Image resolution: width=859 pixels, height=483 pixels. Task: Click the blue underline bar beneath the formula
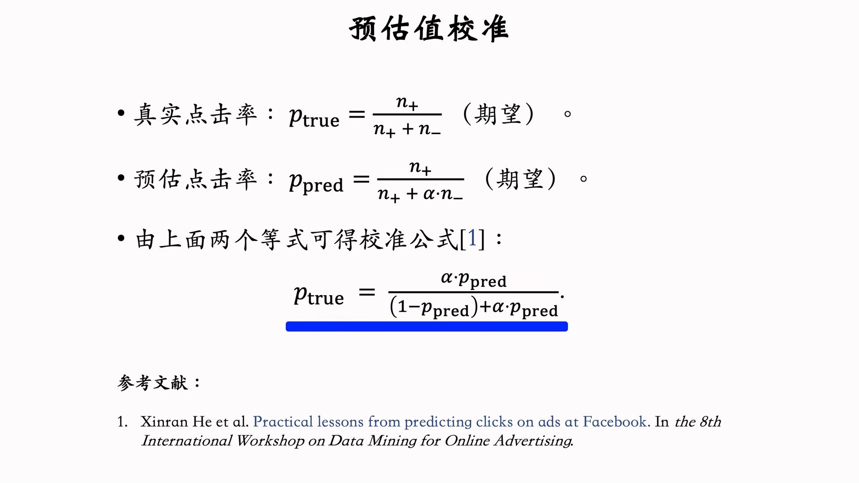426,326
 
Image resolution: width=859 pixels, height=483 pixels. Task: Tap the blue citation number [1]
472,238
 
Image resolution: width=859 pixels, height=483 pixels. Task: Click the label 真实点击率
196,114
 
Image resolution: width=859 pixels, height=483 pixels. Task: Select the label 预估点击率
196,179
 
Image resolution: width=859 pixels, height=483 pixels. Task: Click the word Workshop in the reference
270,441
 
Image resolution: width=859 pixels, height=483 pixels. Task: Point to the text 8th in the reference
710,422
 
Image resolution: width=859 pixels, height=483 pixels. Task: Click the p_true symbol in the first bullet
314,117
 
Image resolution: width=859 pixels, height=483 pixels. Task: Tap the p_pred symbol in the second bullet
316,182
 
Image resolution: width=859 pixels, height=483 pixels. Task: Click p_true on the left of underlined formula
319,295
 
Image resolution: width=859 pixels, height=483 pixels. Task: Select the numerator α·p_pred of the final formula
473,279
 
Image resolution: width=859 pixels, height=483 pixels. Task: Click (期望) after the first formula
498,114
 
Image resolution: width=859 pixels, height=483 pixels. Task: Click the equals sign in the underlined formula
367,293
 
